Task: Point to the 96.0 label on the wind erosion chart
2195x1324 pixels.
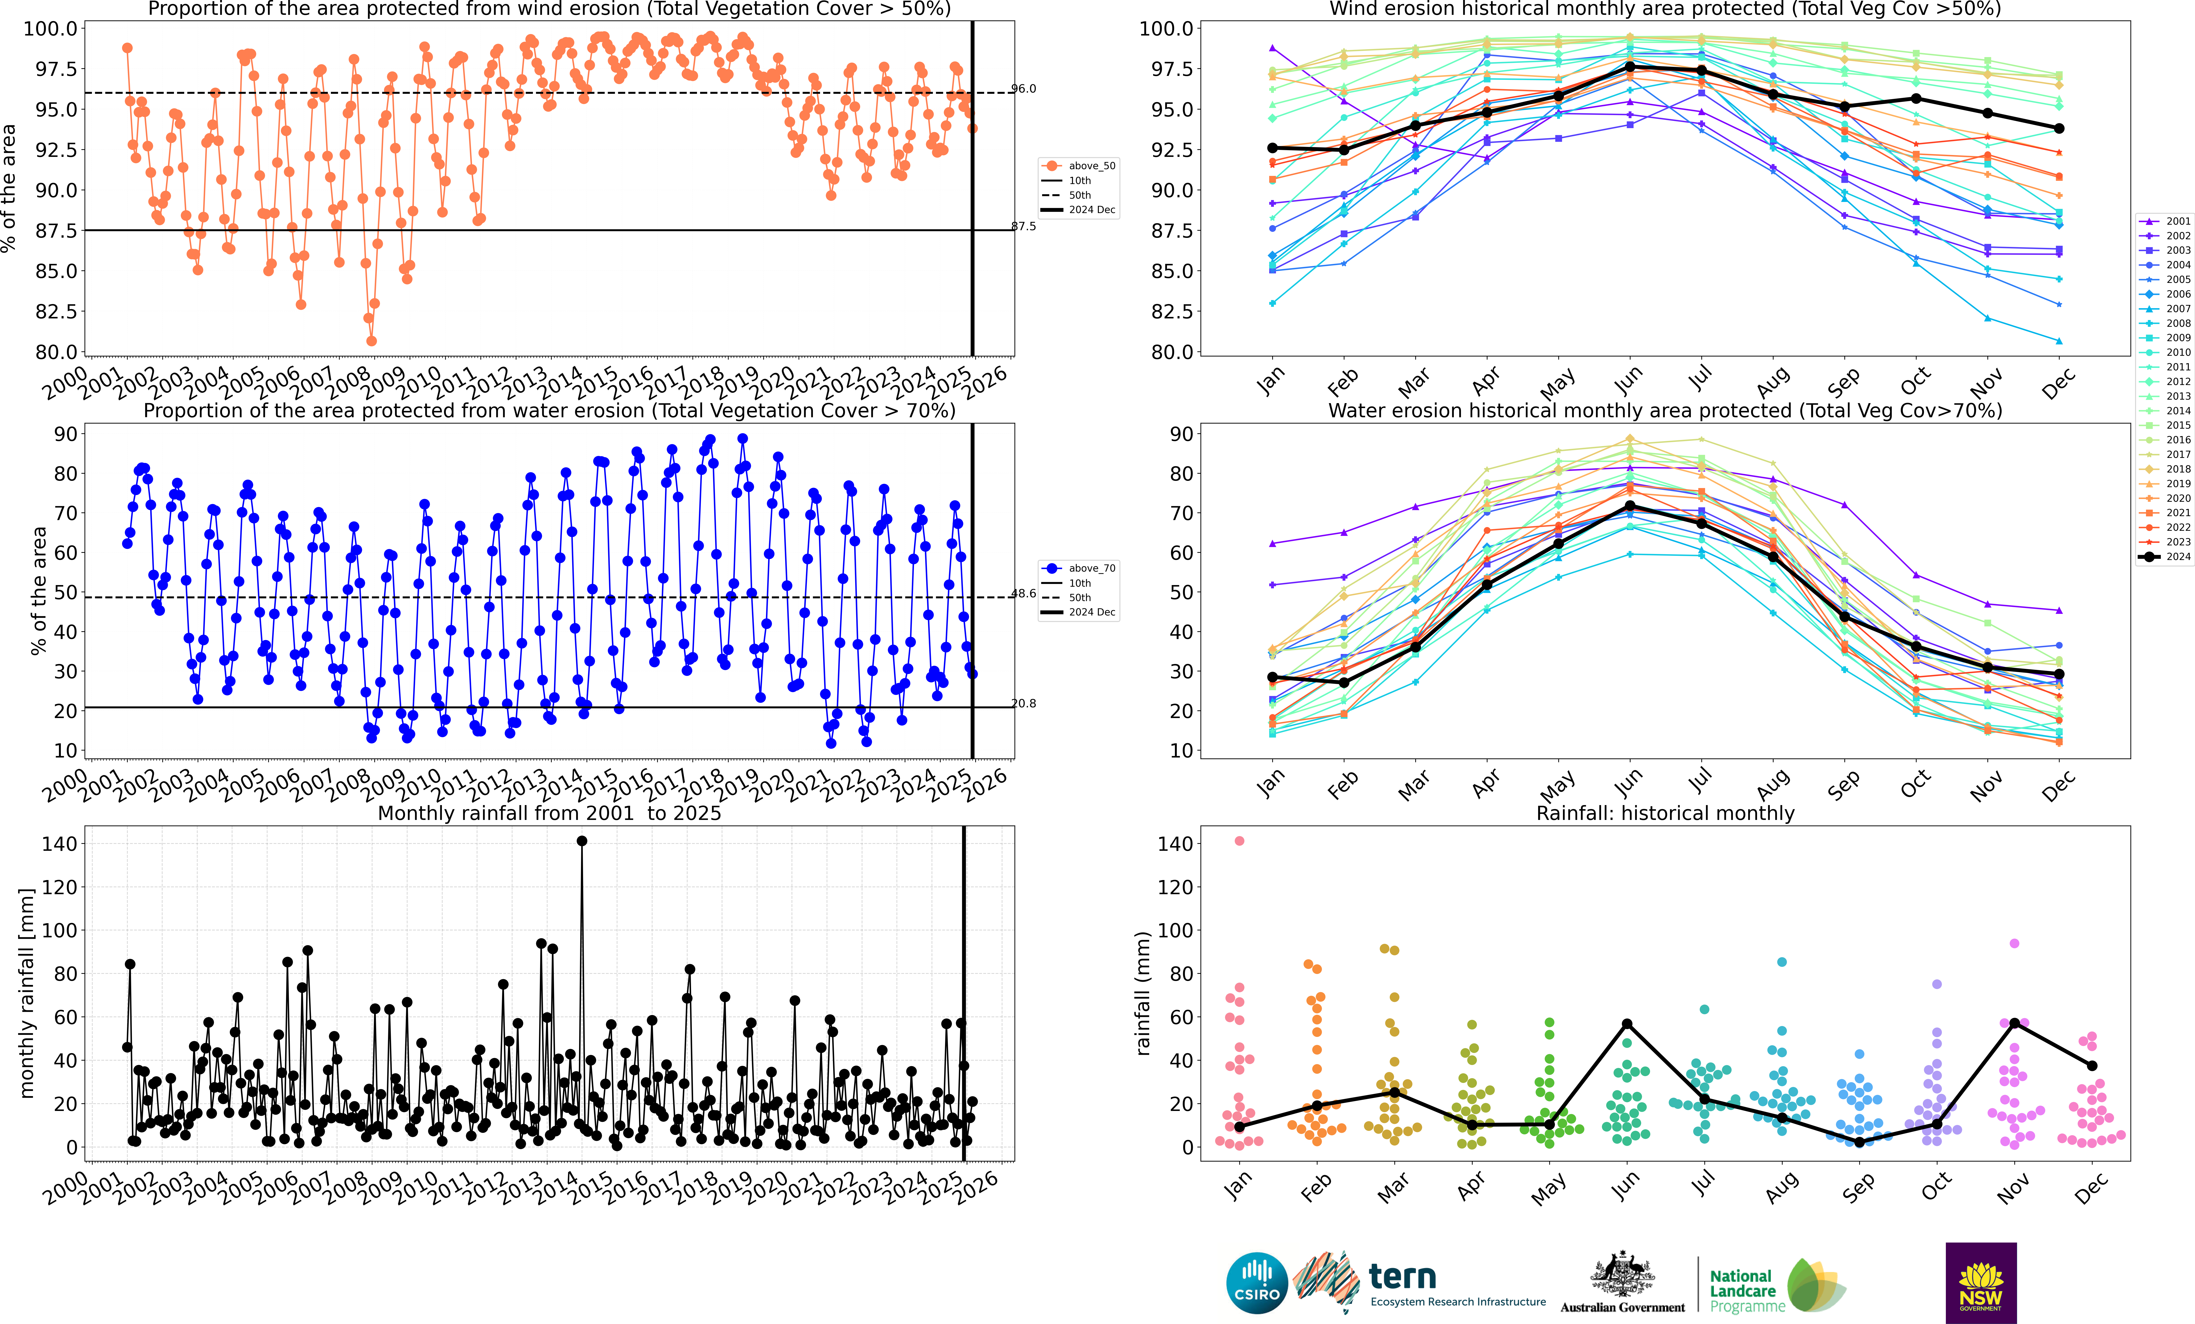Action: [1024, 89]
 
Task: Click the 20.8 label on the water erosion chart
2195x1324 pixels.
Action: [1024, 703]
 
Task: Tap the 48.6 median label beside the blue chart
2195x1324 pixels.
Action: [1024, 593]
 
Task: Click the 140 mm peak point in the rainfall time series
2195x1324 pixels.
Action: [582, 841]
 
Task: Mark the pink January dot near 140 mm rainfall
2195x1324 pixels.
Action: [1239, 841]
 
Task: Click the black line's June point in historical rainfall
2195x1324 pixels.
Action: [1627, 1024]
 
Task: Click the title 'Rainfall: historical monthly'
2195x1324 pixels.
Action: [1665, 813]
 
